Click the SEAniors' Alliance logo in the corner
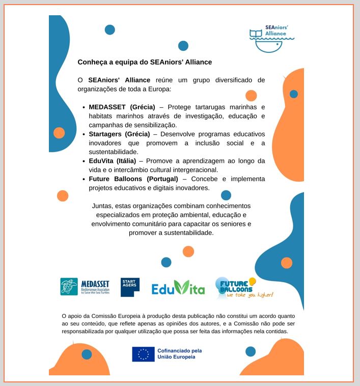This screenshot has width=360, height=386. coord(271,38)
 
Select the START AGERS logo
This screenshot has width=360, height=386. coord(130,287)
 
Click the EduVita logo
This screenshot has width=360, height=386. coord(178,288)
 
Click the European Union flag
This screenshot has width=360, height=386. coord(143,354)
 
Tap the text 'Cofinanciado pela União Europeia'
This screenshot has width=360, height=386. coord(179,354)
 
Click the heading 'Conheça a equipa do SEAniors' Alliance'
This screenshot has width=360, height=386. coord(145,62)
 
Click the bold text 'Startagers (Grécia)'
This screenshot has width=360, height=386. coord(119,134)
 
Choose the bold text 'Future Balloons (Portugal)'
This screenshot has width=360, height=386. coord(133,179)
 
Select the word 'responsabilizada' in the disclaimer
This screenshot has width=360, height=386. coord(85,331)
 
